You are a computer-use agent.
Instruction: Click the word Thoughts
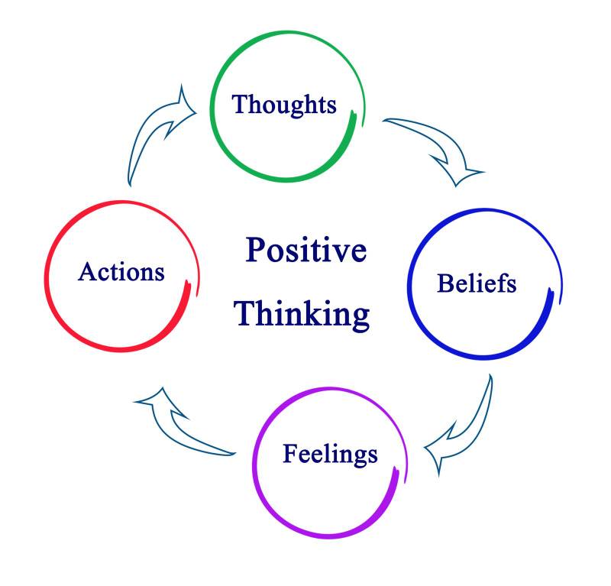pyautogui.click(x=284, y=104)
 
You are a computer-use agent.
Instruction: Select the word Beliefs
pyautogui.click(x=477, y=283)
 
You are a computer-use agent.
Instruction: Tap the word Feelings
pyautogui.click(x=330, y=454)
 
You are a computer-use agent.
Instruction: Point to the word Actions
pyautogui.click(x=121, y=271)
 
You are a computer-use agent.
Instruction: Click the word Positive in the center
pyautogui.click(x=305, y=251)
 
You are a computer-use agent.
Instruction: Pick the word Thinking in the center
pyautogui.click(x=302, y=313)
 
